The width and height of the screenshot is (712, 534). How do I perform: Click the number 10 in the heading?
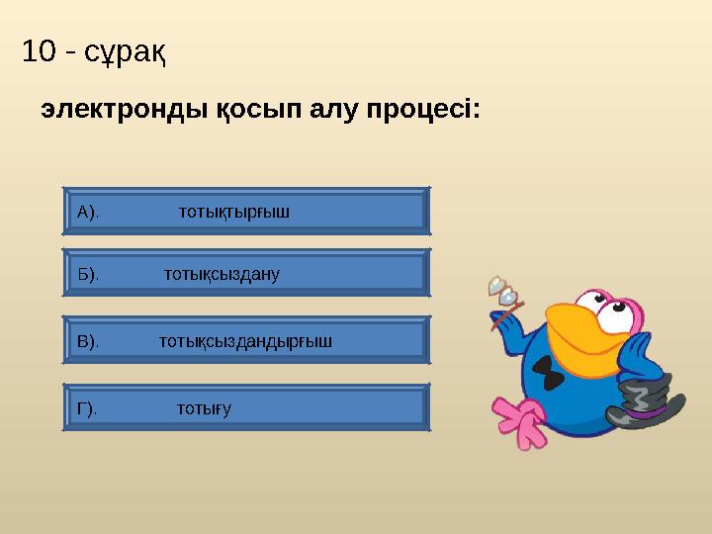click(x=38, y=51)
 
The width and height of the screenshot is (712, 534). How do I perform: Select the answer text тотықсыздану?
click(x=222, y=274)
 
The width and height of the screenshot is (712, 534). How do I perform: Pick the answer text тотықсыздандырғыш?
click(x=245, y=341)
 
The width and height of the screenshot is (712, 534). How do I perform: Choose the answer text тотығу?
click(x=204, y=408)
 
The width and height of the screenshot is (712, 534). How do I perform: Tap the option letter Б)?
click(x=88, y=274)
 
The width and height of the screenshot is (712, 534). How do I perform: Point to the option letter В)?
click(x=88, y=341)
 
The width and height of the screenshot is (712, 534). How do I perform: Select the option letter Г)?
click(x=87, y=408)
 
